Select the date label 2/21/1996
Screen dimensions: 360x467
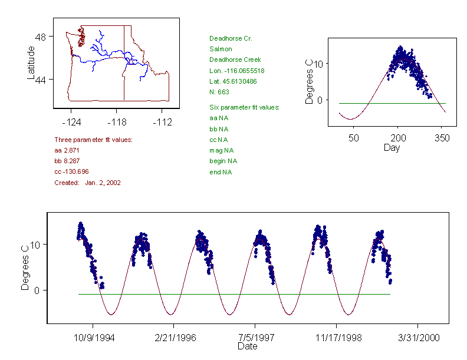(x=173, y=339)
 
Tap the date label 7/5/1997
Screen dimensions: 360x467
(x=255, y=339)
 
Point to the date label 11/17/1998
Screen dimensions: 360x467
(x=336, y=339)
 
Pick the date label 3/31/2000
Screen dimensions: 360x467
(x=417, y=339)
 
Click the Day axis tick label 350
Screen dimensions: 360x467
(x=442, y=138)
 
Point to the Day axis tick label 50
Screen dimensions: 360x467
(x=354, y=138)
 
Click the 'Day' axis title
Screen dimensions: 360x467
(x=392, y=147)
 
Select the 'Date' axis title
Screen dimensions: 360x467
(x=247, y=346)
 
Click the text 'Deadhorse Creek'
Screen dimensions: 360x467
(x=235, y=60)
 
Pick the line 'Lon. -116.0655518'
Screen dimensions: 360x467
(x=237, y=71)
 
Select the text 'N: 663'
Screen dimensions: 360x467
(x=219, y=92)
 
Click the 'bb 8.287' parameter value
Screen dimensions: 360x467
(x=68, y=161)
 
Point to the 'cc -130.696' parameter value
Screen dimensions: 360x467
(x=71, y=171)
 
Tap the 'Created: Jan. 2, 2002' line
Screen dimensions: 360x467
(x=87, y=183)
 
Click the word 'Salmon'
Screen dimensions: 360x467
(x=221, y=49)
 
